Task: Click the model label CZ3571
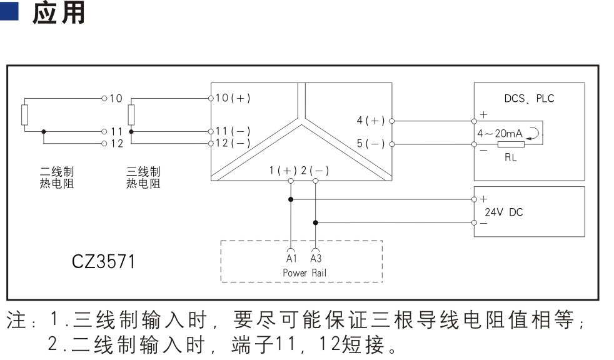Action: pyautogui.click(x=104, y=261)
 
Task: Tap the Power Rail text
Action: pyautogui.click(x=304, y=272)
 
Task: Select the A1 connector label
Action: pyautogui.click(x=291, y=258)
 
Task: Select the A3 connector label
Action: pyautogui.click(x=316, y=258)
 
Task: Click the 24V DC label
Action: pyautogui.click(x=503, y=212)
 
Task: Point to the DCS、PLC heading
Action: pyautogui.click(x=529, y=98)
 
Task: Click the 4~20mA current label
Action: pyautogui.click(x=500, y=133)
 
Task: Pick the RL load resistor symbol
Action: pyautogui.click(x=511, y=144)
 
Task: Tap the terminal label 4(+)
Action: pyautogui.click(x=370, y=121)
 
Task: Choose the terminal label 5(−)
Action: pyautogui.click(x=370, y=144)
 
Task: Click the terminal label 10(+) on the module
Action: pyautogui.click(x=233, y=98)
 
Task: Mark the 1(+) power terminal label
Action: pyautogui.click(x=283, y=171)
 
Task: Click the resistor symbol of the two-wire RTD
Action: pyautogui.click(x=24, y=115)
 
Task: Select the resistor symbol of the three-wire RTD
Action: pyautogui.click(x=131, y=115)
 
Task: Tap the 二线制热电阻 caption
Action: pyautogui.click(x=57, y=177)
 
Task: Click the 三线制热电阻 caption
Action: pyautogui.click(x=143, y=177)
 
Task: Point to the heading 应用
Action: pyautogui.click(x=59, y=12)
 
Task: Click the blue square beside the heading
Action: pyautogui.click(x=9, y=11)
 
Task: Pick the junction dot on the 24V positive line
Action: pyautogui.click(x=291, y=199)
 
